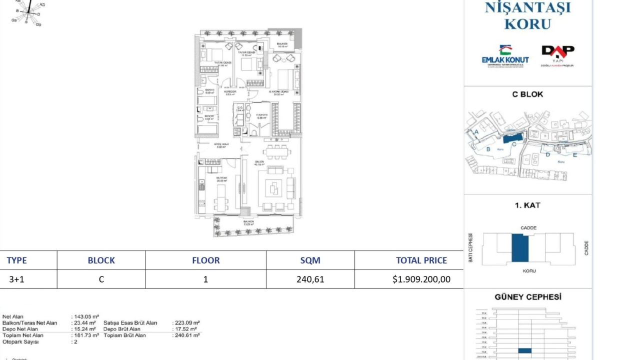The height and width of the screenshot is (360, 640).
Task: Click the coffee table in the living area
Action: click(273, 188)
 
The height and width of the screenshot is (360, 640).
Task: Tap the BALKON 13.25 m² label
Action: click(248, 222)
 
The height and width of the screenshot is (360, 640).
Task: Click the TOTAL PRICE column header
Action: click(421, 260)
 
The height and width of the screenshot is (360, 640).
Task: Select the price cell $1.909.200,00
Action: click(421, 279)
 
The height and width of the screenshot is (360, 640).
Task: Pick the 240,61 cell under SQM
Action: click(310, 279)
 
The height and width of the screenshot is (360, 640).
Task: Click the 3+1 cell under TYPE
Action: click(16, 279)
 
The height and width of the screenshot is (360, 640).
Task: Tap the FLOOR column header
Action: click(205, 260)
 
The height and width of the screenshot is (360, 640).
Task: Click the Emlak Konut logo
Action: click(505, 56)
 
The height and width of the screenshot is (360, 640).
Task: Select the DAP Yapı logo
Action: click(557, 55)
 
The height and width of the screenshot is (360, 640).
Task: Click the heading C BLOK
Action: click(527, 94)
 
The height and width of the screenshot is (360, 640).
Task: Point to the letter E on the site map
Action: click(574, 155)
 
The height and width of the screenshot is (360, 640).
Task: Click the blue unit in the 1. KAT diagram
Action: click(520, 248)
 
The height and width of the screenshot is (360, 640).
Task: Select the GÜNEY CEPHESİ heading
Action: click(527, 297)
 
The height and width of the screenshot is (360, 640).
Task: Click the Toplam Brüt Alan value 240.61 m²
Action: click(186, 335)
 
